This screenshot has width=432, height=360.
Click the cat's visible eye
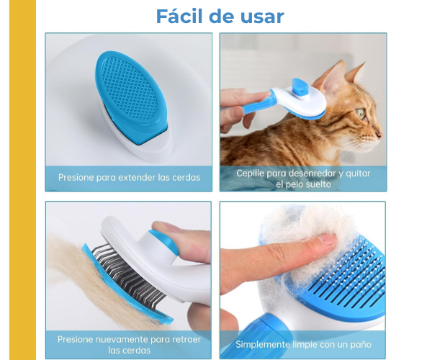click(x=361, y=113)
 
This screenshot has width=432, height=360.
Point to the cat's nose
click(x=379, y=135)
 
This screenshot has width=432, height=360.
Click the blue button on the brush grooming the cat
click(x=300, y=86)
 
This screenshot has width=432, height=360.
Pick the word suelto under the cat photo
click(x=320, y=184)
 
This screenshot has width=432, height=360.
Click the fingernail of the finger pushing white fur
click(x=326, y=238)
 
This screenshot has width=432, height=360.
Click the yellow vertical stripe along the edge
click(x=22, y=180)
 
